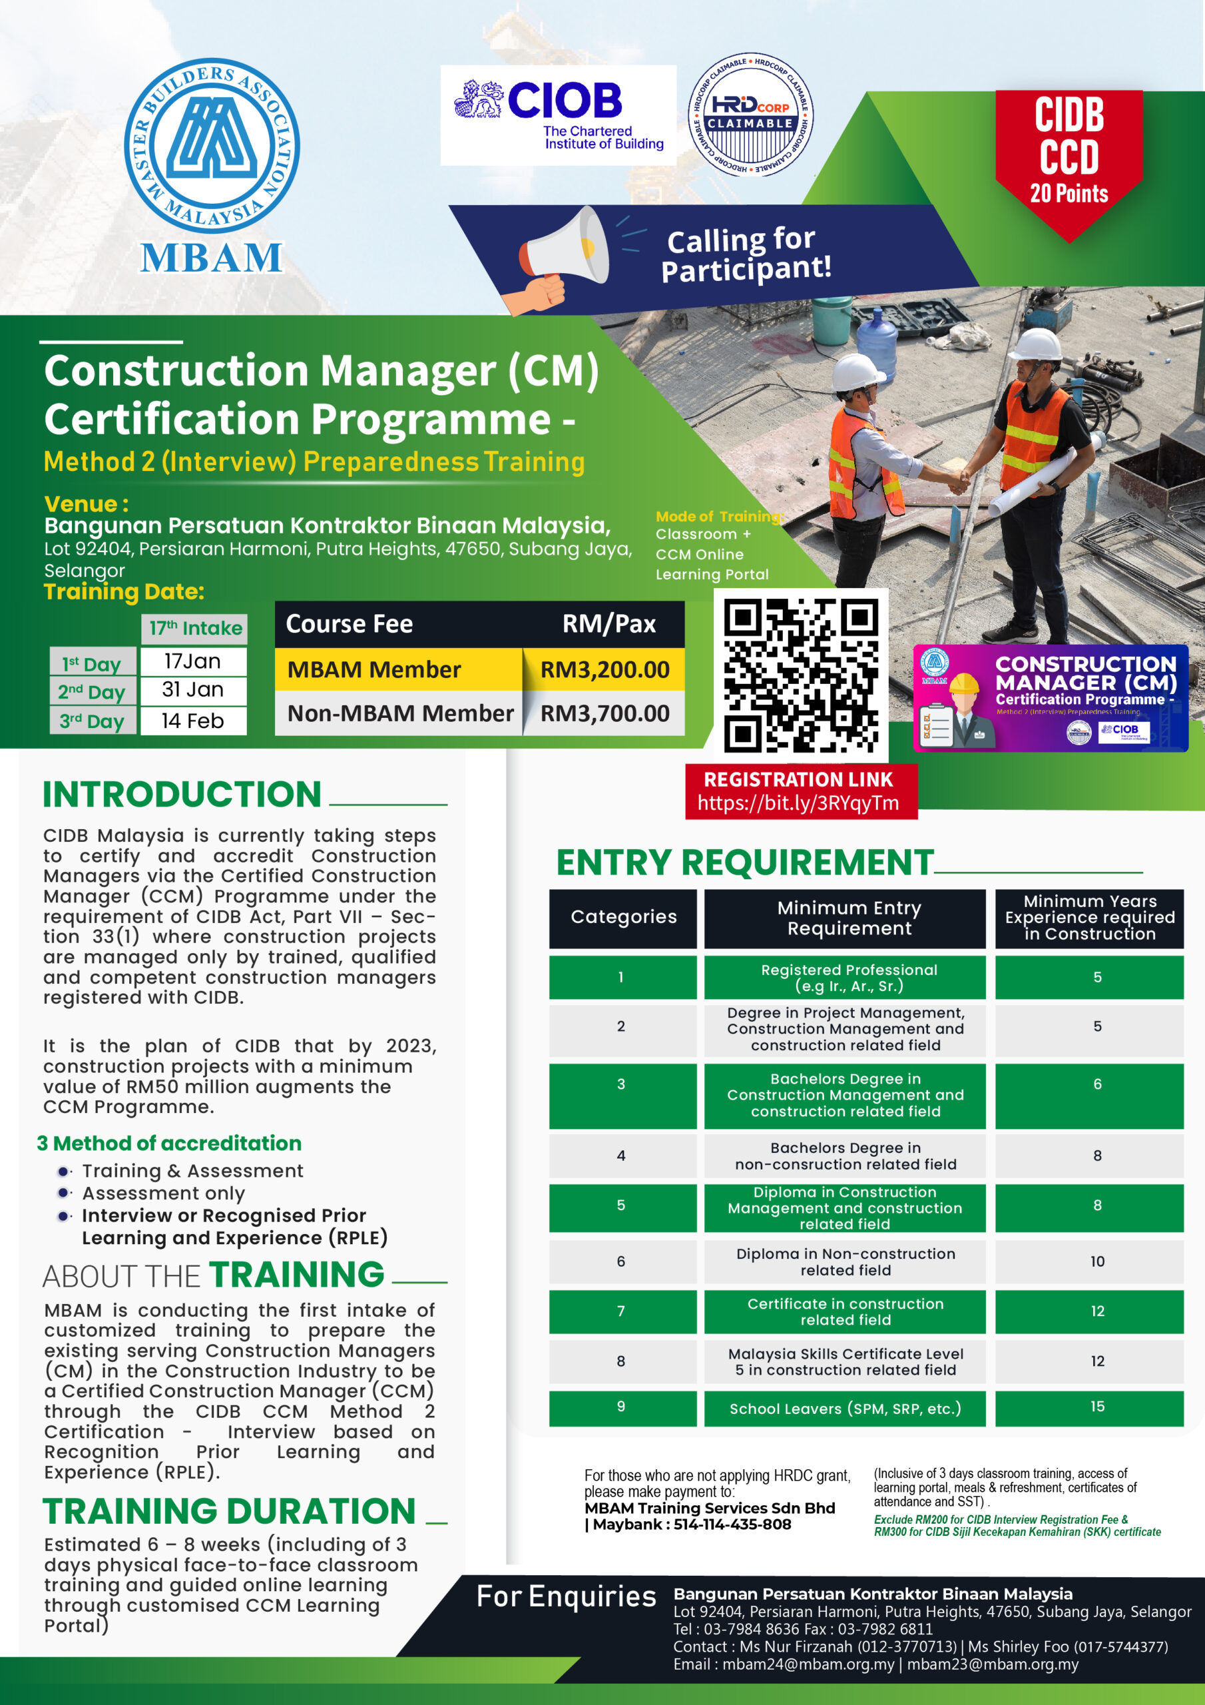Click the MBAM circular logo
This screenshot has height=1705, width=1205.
[212, 146]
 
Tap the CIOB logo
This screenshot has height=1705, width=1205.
[559, 115]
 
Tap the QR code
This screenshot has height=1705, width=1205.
[800, 675]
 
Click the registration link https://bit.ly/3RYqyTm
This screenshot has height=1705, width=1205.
[798, 803]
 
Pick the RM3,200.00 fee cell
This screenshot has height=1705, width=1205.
[604, 670]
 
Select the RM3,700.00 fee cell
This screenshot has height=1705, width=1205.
[604, 713]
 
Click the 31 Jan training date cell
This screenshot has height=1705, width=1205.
[193, 690]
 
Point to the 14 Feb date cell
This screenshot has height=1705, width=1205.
[193, 721]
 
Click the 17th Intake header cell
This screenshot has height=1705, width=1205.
[194, 628]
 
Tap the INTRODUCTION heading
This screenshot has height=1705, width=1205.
[182, 795]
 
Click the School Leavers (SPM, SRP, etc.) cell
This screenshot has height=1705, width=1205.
[845, 1409]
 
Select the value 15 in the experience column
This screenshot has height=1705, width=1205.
[1097, 1407]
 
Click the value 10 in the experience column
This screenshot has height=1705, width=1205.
[1097, 1261]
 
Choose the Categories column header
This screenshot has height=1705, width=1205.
[624, 917]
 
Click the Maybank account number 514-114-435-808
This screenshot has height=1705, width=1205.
[732, 1525]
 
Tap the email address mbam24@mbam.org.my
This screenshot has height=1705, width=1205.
[808, 1664]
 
